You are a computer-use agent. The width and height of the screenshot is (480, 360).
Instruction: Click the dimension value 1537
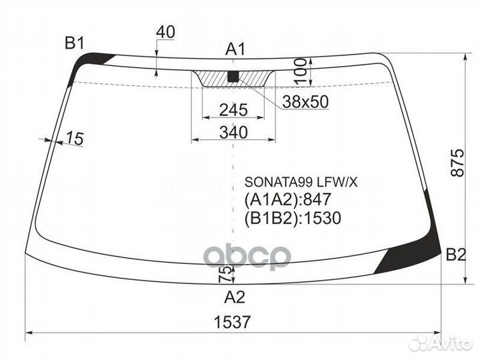233,322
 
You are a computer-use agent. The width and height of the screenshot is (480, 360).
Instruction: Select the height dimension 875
457,163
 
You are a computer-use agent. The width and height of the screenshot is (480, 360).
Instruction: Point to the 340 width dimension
233,132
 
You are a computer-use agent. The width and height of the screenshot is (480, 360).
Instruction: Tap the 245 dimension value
233,109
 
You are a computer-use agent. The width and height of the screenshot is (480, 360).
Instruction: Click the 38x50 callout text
305,101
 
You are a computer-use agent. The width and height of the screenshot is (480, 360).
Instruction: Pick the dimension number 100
300,71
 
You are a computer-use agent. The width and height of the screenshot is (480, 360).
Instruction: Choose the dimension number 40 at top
165,32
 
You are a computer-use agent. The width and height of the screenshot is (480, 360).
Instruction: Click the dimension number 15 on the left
75,138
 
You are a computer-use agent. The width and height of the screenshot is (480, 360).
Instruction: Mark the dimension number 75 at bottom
225,274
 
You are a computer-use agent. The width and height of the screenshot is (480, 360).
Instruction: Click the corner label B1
75,43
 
